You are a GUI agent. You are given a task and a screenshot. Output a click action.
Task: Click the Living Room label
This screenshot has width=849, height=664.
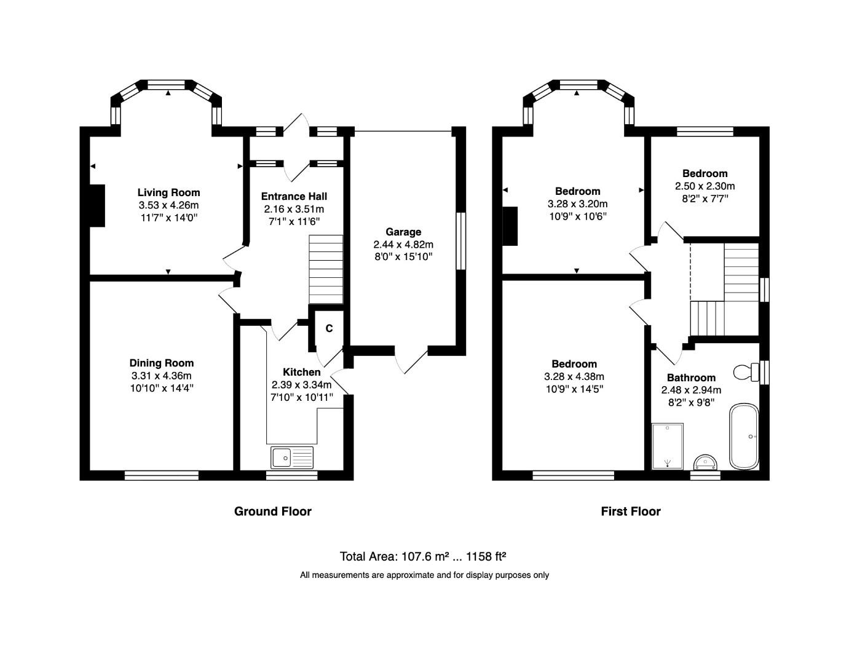coord(168,193)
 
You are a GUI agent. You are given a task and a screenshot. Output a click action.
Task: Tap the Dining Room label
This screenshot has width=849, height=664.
coord(161,363)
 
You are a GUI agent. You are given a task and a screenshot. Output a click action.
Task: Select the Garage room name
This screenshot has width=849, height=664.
coord(403,232)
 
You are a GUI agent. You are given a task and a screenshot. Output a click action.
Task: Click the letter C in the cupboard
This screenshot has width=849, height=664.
coord(329,329)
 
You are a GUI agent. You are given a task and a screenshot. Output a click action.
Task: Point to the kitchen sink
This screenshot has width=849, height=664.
coord(292,457)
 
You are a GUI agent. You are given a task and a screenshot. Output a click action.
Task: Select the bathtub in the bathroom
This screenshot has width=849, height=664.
coord(744,437)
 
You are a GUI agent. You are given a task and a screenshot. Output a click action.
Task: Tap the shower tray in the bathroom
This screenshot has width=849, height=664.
coord(668,446)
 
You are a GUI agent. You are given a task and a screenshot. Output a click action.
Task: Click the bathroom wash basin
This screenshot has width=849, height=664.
coord(705,462)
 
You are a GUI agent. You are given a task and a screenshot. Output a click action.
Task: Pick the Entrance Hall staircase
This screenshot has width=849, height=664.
coord(325,269)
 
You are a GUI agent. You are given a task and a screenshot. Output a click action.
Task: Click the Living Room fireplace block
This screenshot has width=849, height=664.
coord(97,205)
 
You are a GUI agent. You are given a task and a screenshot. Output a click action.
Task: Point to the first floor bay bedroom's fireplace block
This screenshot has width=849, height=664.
coord(510,227)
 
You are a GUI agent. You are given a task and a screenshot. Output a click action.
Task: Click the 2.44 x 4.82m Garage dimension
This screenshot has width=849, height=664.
coord(403,244)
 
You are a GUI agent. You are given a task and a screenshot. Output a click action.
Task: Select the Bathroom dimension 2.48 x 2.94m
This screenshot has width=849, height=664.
coord(691,390)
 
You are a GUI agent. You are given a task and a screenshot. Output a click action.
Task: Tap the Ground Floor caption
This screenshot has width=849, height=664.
coord(272,512)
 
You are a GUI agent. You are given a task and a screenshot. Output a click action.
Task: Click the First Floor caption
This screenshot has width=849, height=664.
coord(630,512)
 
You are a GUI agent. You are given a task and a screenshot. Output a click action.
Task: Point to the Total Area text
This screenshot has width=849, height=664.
coord(423,557)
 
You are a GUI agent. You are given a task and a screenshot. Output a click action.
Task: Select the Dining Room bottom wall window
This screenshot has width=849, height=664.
coord(162,475)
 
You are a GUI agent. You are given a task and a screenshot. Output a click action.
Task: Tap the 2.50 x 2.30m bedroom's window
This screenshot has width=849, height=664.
coord(705,131)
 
